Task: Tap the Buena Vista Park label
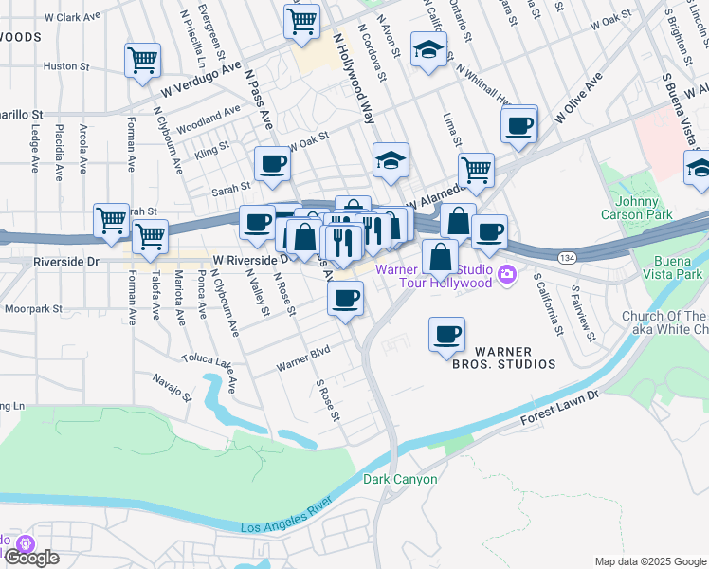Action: click(x=681, y=268)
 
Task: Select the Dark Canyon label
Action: click(x=400, y=479)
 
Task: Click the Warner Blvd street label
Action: click(x=301, y=360)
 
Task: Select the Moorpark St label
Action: click(x=31, y=308)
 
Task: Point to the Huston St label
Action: click(x=65, y=66)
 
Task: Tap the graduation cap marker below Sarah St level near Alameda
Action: click(x=390, y=160)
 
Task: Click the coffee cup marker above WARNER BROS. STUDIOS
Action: click(x=446, y=333)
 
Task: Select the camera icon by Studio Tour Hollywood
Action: click(x=507, y=275)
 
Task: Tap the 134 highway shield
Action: click(x=567, y=258)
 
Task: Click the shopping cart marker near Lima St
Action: click(x=476, y=171)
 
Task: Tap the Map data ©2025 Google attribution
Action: click(x=649, y=561)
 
